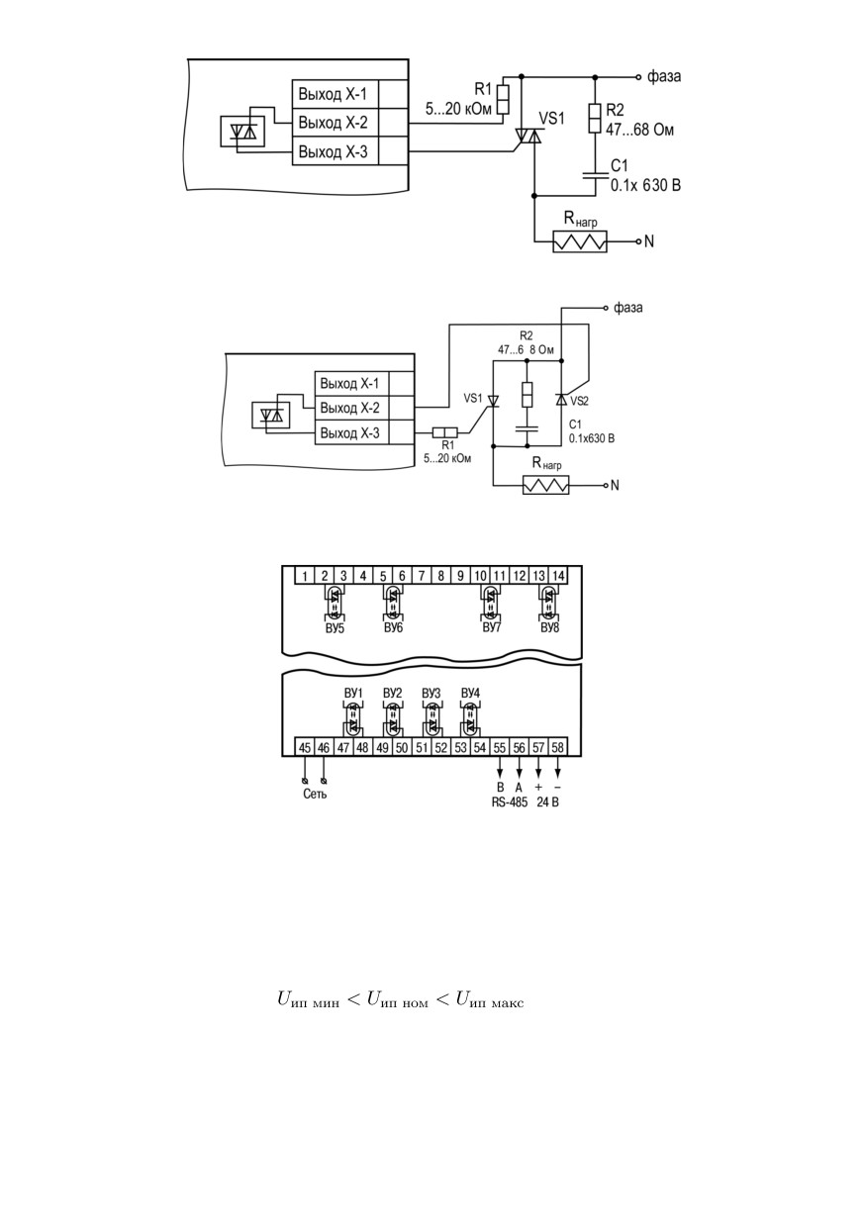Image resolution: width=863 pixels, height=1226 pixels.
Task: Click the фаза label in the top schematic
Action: coord(664,76)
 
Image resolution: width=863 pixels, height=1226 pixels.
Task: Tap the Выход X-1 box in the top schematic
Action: coord(336,94)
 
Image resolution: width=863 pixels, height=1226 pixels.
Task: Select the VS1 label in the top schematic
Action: coord(551,118)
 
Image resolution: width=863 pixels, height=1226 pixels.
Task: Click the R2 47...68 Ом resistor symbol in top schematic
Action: coord(595,119)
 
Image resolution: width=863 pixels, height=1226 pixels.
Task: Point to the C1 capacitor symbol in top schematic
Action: coord(595,175)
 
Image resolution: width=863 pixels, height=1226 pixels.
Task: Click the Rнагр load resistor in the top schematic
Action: coord(580,241)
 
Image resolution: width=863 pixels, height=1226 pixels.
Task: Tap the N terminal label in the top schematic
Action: coord(649,241)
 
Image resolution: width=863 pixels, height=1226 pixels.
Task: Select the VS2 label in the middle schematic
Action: coord(579,401)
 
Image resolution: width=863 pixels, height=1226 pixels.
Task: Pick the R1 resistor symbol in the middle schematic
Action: coord(444,433)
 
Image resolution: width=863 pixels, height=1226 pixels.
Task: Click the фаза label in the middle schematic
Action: coord(628,308)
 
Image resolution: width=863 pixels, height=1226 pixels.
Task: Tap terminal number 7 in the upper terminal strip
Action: coord(422,576)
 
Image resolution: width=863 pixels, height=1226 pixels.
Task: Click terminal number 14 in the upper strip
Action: coord(558,576)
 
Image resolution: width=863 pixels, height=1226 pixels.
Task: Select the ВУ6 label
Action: coord(393,627)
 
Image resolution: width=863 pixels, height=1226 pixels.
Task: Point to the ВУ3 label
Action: coord(431,694)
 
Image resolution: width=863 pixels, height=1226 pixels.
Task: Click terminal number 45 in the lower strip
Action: coord(305,748)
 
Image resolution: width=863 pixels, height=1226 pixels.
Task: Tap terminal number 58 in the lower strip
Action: coord(557,748)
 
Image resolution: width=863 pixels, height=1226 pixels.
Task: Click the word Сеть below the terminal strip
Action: coord(315,794)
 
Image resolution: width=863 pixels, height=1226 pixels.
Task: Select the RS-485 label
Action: coord(510,802)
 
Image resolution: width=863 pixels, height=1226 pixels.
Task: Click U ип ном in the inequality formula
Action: coord(398,1000)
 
